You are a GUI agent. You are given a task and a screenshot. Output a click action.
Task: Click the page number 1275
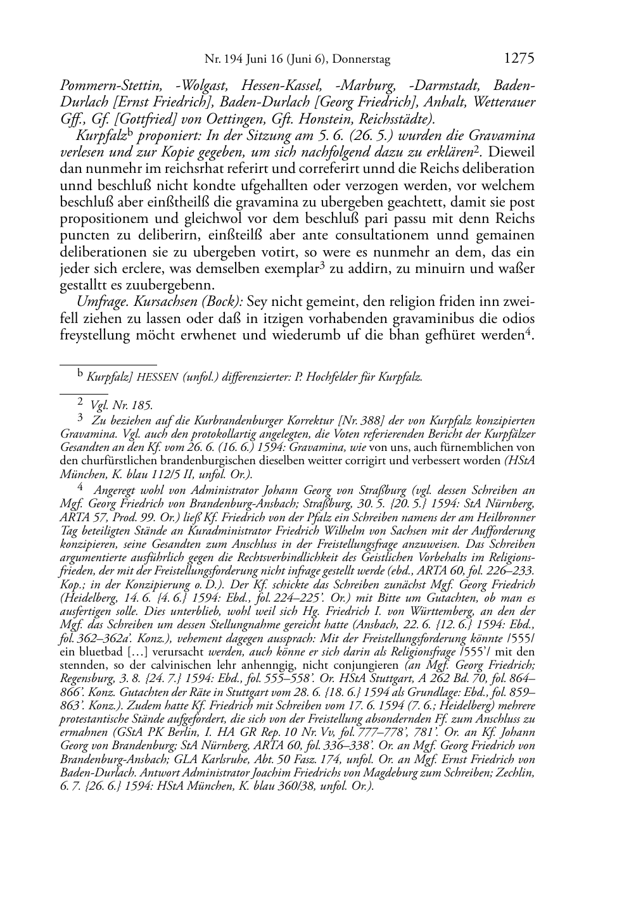[519, 59]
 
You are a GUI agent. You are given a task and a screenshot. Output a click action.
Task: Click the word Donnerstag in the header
[361, 60]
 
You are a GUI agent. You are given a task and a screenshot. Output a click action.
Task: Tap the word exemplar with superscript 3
[284, 269]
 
